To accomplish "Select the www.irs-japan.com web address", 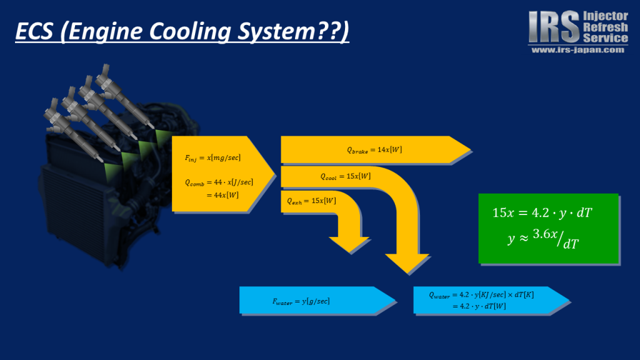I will pos(577,50).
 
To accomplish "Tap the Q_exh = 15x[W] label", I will pos(311,201).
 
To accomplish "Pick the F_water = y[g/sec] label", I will pos(301,301).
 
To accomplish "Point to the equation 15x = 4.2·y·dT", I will pos(542,213).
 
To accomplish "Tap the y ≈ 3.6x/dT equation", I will pos(542,239).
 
